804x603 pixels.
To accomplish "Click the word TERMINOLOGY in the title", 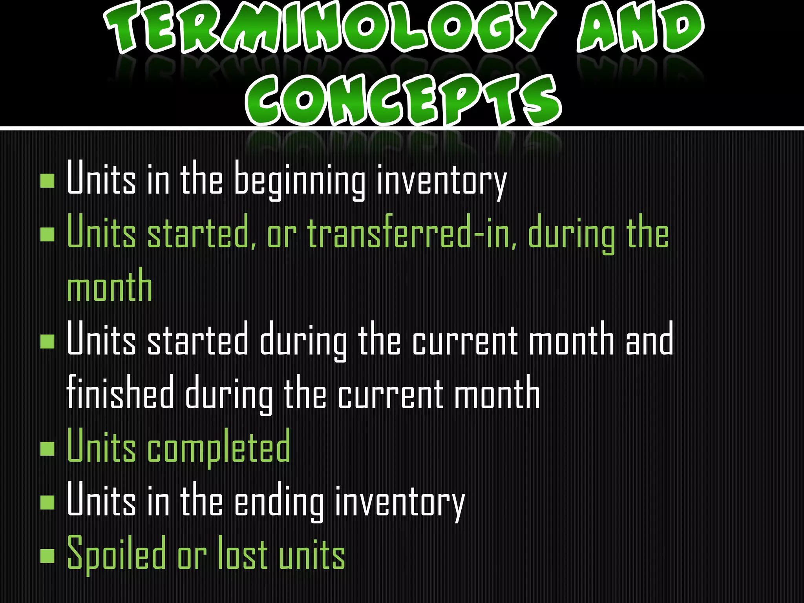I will pyautogui.click(x=330, y=27).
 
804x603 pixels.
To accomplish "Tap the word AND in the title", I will pyautogui.click(x=640, y=27).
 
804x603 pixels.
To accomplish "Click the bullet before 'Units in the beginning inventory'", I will pyautogui.click(x=48, y=181).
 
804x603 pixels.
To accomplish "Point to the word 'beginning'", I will pyautogui.click(x=300, y=181).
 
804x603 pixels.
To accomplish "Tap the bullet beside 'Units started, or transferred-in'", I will pyautogui.click(x=48, y=234).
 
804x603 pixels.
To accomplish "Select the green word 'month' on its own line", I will pyautogui.click(x=110, y=287).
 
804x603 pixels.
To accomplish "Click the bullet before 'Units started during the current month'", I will pyautogui.click(x=48, y=341).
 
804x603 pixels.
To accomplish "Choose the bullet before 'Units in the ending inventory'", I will pyautogui.click(x=48, y=502).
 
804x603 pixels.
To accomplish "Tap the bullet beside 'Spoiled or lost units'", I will pyautogui.click(x=48, y=555).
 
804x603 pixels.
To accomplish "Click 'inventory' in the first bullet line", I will pyautogui.click(x=441, y=181).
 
